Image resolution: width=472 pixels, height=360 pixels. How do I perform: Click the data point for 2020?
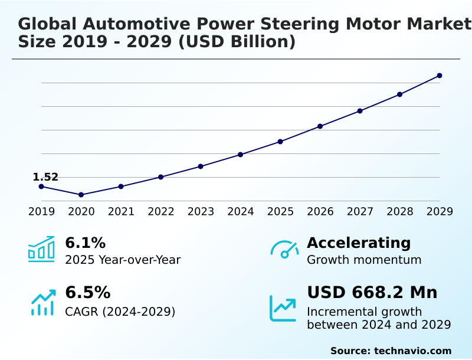tap(81, 195)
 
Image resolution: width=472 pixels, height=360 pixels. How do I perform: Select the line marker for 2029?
tap(440, 76)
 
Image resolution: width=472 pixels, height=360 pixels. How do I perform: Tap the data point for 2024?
tap(240, 155)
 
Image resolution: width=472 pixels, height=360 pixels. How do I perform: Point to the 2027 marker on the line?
tap(360, 111)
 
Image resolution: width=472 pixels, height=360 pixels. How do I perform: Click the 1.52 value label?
tap(45, 177)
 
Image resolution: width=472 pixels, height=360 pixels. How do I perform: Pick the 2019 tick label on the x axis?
tap(41, 212)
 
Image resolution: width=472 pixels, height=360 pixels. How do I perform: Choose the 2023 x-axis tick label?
tap(201, 212)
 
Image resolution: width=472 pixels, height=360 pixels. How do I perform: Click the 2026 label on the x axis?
tap(320, 212)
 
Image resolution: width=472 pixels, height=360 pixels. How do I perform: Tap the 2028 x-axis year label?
tap(399, 212)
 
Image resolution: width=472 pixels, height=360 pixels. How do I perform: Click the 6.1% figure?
tap(85, 243)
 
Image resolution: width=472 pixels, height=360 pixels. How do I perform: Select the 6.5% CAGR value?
tap(87, 293)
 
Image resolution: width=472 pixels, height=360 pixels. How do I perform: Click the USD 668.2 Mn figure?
tap(372, 293)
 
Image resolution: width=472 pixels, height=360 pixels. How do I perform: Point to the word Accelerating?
tap(359, 243)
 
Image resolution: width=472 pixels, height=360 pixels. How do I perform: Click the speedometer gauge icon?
tap(284, 250)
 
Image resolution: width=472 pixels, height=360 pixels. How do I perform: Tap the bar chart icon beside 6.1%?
tap(41, 249)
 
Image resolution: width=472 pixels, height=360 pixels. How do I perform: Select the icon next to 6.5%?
tap(42, 302)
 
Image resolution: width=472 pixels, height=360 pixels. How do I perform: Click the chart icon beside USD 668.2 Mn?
tap(283, 307)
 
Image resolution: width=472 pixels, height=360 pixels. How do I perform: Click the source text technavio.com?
tap(412, 351)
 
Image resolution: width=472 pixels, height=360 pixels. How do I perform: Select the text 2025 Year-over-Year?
tap(123, 260)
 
